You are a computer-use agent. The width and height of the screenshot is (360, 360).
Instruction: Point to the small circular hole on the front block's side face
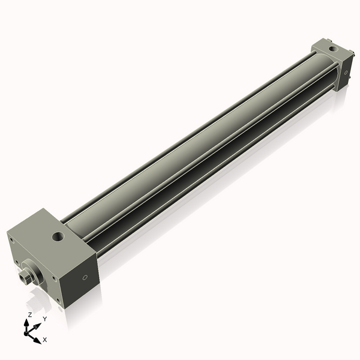(x=85, y=277)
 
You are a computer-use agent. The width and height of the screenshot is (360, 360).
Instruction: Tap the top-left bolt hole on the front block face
(x=11, y=239)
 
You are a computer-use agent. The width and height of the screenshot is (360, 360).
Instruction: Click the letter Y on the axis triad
(x=44, y=319)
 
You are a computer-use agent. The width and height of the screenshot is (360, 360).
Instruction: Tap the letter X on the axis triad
(x=45, y=340)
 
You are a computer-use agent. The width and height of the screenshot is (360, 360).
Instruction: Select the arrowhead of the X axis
(x=37, y=339)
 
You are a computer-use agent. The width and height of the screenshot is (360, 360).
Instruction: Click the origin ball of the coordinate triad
(x=28, y=332)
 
